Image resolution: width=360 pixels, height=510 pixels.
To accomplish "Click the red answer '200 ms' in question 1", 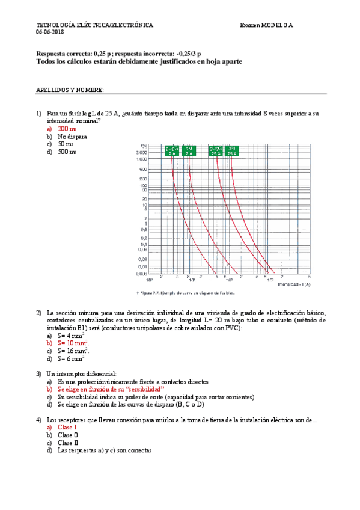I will [67, 129].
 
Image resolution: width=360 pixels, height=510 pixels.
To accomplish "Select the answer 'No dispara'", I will [72, 137].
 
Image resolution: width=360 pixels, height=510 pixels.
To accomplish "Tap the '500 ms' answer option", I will [67, 152].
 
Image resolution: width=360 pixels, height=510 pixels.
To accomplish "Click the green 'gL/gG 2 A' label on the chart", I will [172, 150].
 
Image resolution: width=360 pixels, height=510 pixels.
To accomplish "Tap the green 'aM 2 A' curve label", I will [189, 150].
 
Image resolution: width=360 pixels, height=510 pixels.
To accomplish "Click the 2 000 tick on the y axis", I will [142, 153].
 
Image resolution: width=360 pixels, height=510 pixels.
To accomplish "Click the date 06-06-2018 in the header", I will [50, 32].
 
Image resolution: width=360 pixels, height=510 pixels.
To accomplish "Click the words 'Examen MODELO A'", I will [267, 25].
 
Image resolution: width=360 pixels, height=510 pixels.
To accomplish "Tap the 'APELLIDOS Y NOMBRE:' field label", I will [70, 90].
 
